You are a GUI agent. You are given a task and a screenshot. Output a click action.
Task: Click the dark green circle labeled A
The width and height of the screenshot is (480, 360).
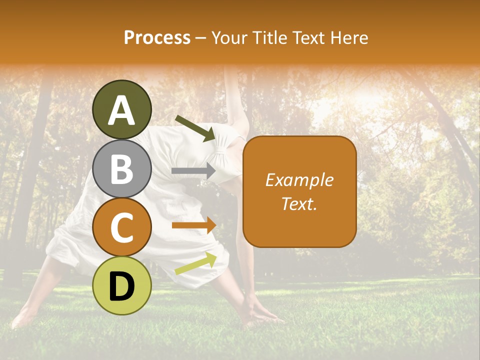(x=121, y=109)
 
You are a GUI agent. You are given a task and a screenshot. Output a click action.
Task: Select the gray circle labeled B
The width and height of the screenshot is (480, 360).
(x=121, y=168)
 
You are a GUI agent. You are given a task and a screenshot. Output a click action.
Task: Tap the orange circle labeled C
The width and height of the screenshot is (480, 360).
(x=121, y=227)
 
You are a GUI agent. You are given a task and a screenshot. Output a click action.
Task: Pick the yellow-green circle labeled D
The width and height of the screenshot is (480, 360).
(x=121, y=285)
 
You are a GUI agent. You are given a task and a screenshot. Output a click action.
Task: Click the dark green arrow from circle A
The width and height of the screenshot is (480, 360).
(x=195, y=128)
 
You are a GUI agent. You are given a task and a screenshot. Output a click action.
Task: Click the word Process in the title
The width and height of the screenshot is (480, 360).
(x=157, y=37)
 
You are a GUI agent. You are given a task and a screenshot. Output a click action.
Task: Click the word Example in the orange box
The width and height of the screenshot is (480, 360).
(x=299, y=180)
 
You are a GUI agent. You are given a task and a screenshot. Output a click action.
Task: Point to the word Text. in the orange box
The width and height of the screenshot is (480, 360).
(x=299, y=203)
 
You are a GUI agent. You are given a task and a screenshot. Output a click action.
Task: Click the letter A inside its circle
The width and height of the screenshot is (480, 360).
(x=121, y=110)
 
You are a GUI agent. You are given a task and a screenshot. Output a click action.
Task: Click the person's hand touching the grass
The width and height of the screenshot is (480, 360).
(x=260, y=315)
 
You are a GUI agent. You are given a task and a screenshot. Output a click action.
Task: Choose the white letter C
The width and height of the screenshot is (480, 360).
(x=121, y=227)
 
